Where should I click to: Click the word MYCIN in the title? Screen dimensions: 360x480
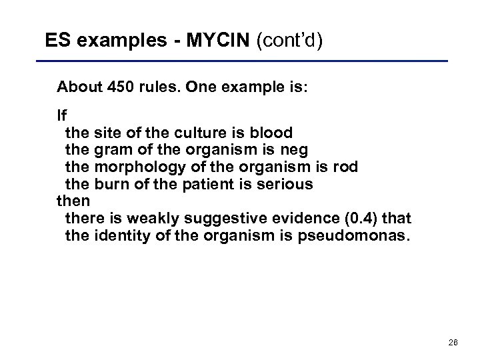[215, 41]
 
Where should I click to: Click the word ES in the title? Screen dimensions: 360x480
[57, 41]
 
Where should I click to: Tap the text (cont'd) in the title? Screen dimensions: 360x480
[291, 41]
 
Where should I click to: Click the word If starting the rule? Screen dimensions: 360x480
[62, 115]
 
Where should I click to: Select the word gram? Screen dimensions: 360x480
[111, 149]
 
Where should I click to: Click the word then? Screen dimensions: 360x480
[73, 200]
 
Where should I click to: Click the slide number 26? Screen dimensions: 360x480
[453, 342]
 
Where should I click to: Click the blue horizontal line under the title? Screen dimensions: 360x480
[247, 62]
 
